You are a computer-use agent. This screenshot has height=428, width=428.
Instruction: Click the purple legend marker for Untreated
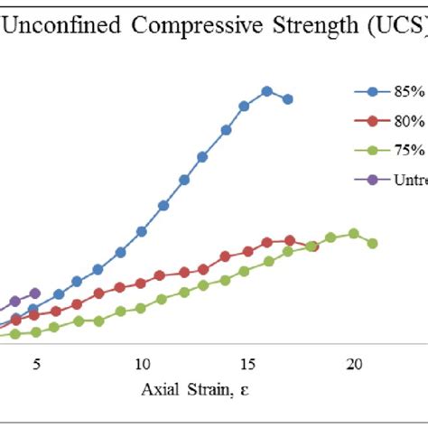point(372,179)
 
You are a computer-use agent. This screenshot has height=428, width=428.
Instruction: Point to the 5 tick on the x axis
point(36,365)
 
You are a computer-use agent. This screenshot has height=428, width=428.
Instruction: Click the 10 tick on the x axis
point(142,365)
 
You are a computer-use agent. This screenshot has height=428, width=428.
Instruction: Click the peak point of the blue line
point(266,91)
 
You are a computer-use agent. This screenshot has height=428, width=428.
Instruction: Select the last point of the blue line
point(287,99)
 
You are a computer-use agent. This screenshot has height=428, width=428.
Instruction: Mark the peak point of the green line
point(353,234)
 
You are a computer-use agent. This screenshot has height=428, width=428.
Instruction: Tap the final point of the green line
point(372,243)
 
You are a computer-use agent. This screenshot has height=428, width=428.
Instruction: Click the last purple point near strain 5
point(35,293)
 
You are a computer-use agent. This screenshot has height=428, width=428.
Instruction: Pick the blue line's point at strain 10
point(142,231)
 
